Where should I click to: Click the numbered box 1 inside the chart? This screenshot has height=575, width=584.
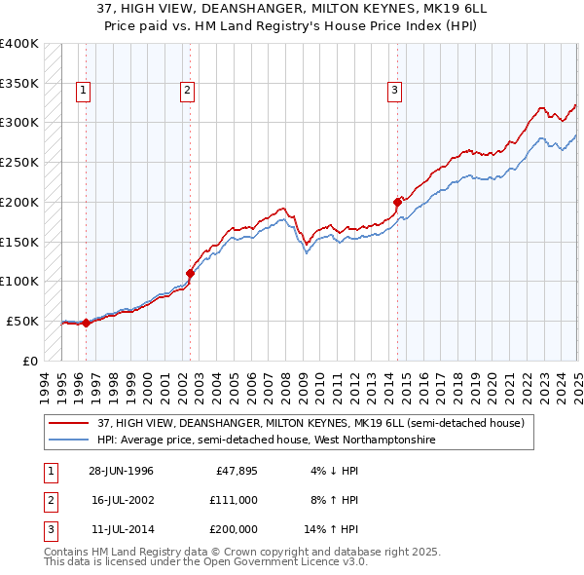[x=84, y=92]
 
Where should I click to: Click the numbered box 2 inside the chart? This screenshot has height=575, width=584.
[x=186, y=92]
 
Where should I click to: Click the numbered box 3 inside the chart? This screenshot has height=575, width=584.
[x=394, y=92]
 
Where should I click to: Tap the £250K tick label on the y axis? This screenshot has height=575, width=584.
[x=19, y=162]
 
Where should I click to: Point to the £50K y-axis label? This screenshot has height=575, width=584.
[x=22, y=321]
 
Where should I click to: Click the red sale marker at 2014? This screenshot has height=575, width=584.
[x=397, y=203]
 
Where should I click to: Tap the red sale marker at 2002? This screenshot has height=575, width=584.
[x=191, y=273]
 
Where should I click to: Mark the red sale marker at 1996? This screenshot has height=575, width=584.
[x=86, y=323]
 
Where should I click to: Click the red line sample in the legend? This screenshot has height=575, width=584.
[x=69, y=423]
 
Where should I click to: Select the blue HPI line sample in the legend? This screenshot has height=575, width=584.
[x=69, y=440]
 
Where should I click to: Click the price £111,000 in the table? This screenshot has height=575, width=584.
[x=233, y=500]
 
